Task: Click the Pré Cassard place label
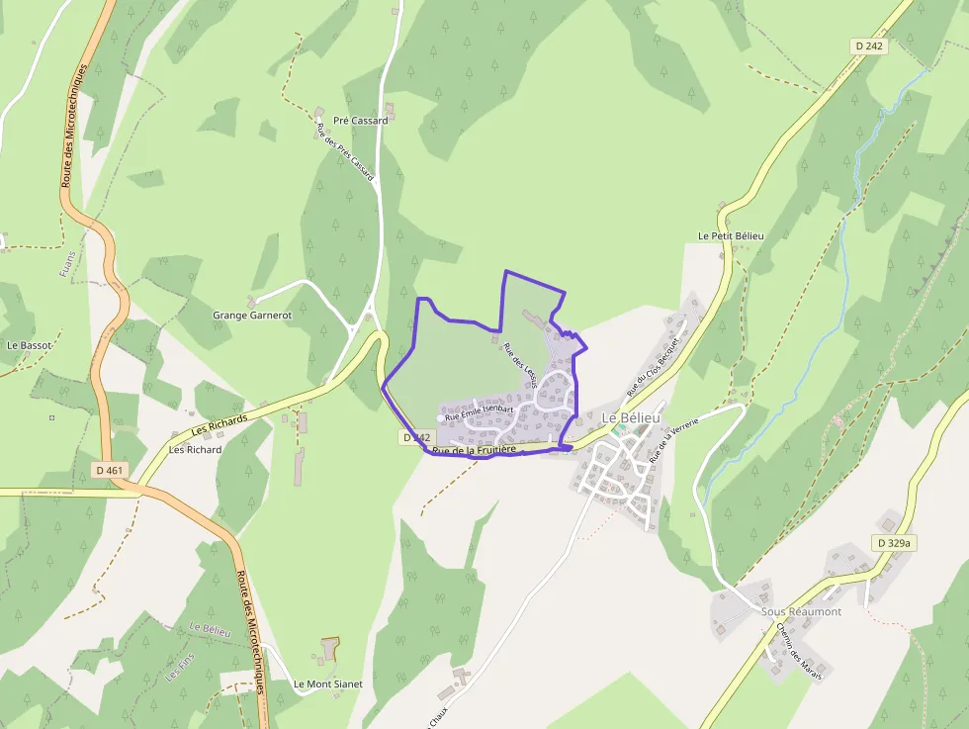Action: click(x=360, y=121)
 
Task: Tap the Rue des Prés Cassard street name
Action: click(x=344, y=149)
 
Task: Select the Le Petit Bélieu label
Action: click(x=731, y=236)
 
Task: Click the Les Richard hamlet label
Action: click(x=196, y=449)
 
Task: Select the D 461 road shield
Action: click(x=110, y=470)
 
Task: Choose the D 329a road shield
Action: click(x=895, y=543)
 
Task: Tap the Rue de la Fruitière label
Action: click(x=475, y=450)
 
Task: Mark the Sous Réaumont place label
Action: click(x=801, y=611)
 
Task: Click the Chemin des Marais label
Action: click(x=799, y=644)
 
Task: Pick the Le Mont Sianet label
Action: click(x=327, y=683)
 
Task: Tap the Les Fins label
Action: click(x=178, y=674)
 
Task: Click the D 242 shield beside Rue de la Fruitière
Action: click(x=417, y=437)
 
